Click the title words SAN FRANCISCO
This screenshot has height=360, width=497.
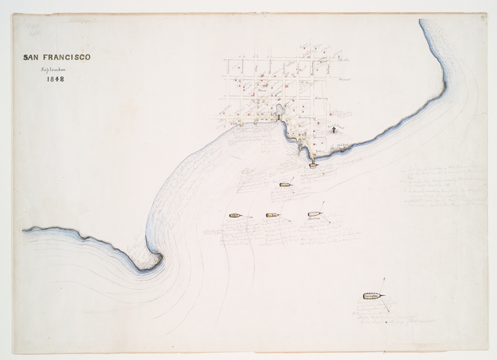[57, 57]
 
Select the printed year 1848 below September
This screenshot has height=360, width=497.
[55, 80]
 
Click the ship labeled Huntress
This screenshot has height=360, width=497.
[315, 214]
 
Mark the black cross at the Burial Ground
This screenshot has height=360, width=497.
[333, 130]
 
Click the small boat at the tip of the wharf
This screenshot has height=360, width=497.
[313, 165]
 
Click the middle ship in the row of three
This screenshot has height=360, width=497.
[273, 214]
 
